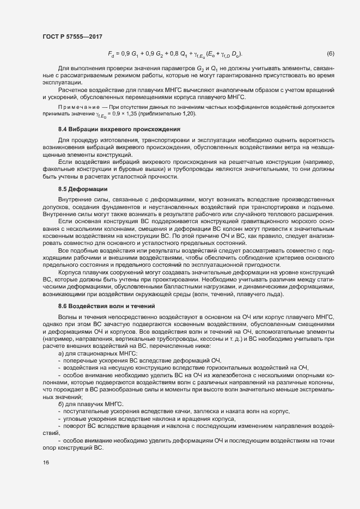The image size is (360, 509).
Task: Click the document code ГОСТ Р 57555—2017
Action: tap(72, 35)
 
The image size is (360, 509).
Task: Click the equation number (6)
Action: tap(330, 53)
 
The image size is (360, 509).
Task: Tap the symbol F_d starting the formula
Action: tap(111, 54)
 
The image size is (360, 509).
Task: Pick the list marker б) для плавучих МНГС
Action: tap(61, 403)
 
